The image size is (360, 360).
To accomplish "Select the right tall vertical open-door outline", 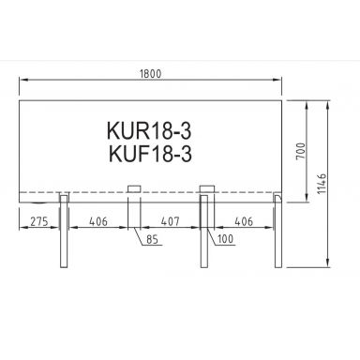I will tap(203, 230).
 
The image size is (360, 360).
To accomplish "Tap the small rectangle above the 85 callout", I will tap(134, 191).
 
